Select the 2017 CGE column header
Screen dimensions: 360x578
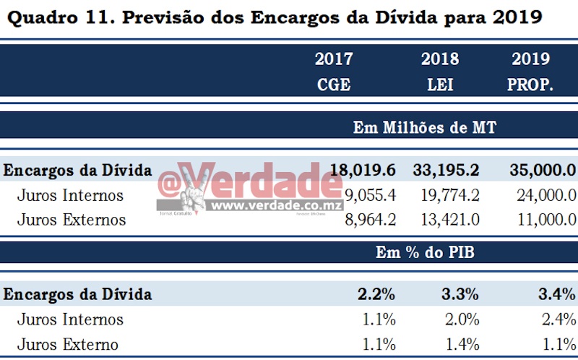(333, 72)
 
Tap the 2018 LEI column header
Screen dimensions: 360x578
(439, 72)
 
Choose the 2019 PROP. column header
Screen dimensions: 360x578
(530, 72)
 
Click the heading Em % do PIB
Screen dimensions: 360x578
(424, 252)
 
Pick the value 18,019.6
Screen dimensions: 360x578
(363, 171)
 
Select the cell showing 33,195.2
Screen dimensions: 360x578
(447, 171)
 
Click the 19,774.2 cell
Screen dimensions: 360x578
(452, 195)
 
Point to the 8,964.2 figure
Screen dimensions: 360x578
(370, 219)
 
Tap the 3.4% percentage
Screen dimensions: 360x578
(557, 294)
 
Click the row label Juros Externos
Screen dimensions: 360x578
(72, 219)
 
